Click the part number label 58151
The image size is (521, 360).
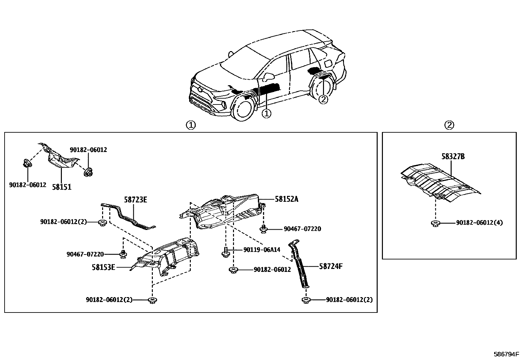(x=62, y=187)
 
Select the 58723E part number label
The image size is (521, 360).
(x=135, y=199)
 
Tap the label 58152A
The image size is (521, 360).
(x=286, y=199)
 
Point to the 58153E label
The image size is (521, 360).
(x=103, y=267)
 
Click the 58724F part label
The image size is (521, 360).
(x=331, y=266)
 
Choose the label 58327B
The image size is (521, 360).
(x=453, y=157)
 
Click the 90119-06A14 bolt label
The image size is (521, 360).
(x=262, y=250)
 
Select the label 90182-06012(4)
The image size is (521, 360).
(x=479, y=223)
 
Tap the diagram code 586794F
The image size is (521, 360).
(x=506, y=354)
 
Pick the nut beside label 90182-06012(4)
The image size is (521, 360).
(x=435, y=224)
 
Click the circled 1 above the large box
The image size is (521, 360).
(x=191, y=125)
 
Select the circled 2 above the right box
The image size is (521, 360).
(x=449, y=125)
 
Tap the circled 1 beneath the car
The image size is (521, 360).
(x=267, y=113)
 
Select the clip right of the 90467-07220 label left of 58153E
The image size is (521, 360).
(x=123, y=254)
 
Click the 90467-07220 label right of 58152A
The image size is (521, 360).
(x=302, y=229)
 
